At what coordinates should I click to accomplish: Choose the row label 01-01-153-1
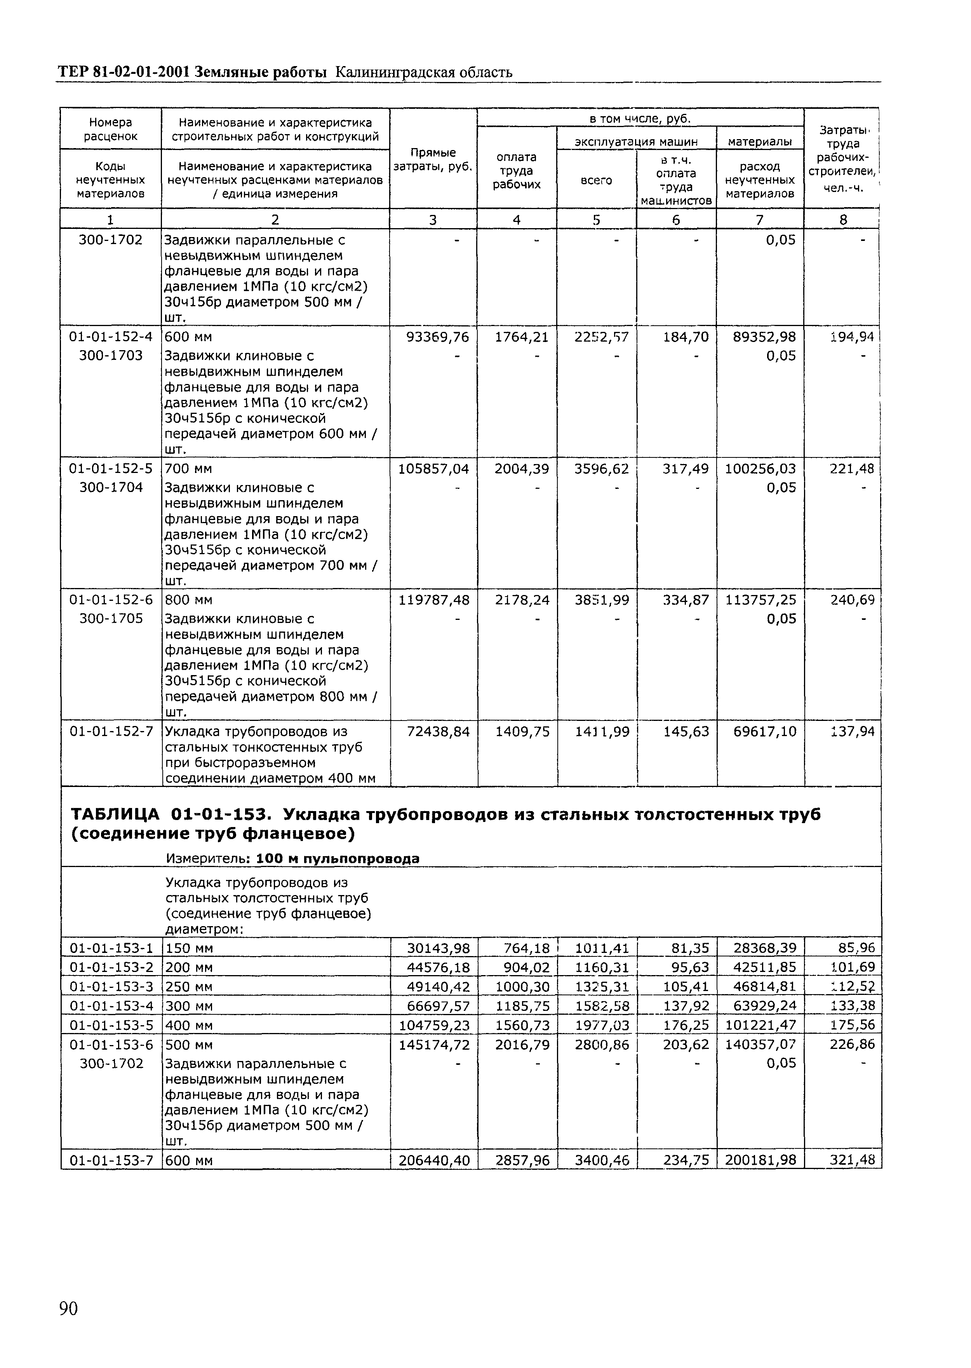111,948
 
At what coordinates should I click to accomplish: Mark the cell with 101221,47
760,1025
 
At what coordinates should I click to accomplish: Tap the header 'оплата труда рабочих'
517,171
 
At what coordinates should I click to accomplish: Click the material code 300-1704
111,487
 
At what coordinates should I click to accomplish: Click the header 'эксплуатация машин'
636,142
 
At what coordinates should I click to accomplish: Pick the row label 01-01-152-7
111,731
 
